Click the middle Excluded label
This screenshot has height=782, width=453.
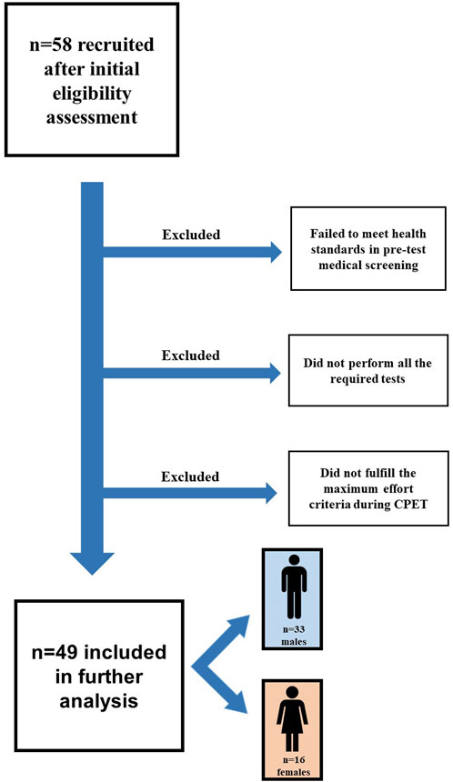tap(190, 355)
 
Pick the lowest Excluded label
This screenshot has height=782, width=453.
tap(190, 476)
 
